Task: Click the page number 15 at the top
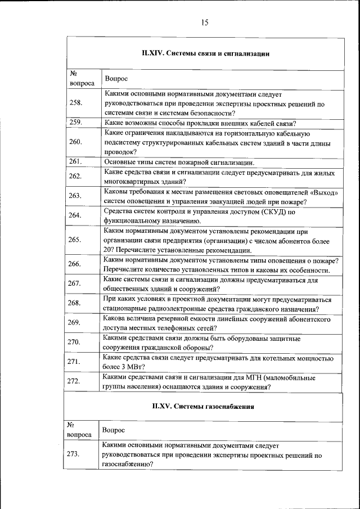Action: pos(204,22)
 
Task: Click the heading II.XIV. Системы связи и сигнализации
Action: pos(205,54)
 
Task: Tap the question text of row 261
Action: pos(179,162)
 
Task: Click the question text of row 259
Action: pos(200,123)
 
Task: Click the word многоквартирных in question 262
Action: pos(132,182)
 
